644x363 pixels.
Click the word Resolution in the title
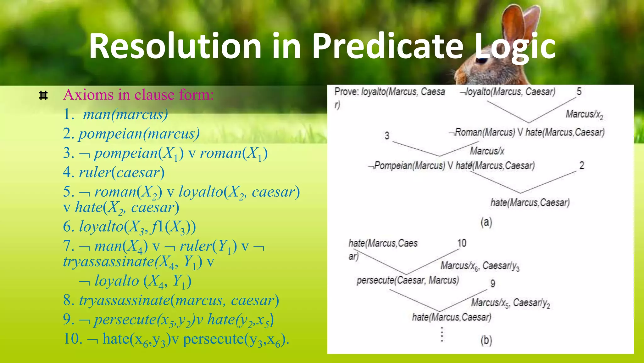tap(175, 46)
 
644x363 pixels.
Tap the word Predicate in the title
tap(387, 46)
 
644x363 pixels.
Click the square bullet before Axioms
tap(43, 95)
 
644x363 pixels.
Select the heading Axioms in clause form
tap(138, 95)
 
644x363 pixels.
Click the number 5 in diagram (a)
tap(579, 92)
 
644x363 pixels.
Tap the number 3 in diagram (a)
tap(387, 136)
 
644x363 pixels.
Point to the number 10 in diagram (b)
tap(462, 243)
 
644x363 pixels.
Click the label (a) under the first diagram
tap(486, 222)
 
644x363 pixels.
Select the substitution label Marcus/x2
tap(584, 114)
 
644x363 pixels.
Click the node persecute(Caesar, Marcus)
tap(408, 280)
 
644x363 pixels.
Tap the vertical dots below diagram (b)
tap(442, 334)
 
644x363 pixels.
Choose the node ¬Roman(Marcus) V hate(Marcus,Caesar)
tap(527, 132)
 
